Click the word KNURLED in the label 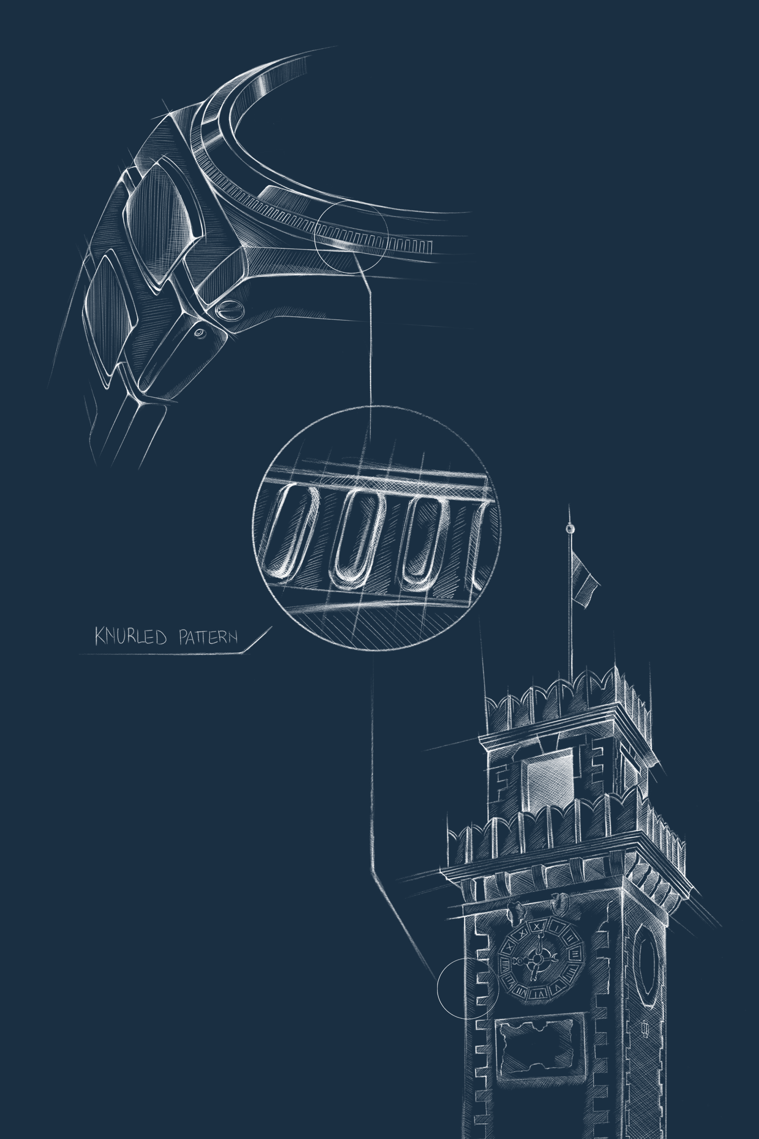coord(131,636)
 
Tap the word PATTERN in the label coord(208,636)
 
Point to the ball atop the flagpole coord(571,529)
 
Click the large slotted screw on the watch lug coord(229,310)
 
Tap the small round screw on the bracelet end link coord(199,333)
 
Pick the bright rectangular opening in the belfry coord(549,779)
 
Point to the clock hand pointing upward coord(538,944)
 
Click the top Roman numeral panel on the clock coord(537,925)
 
